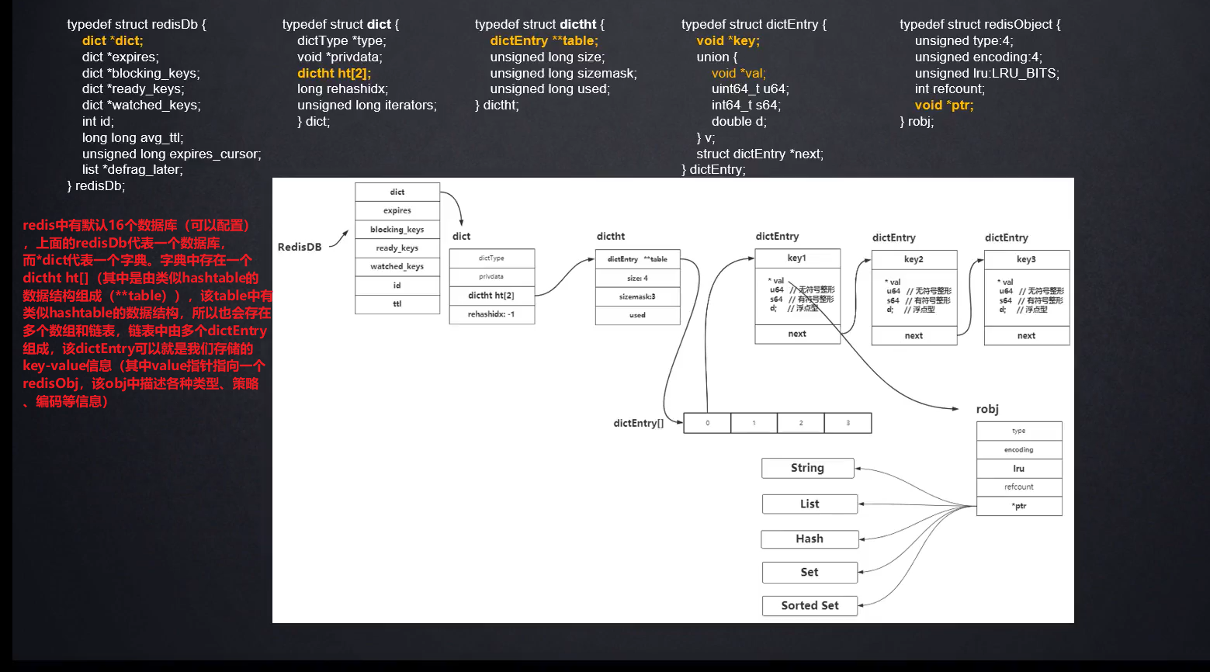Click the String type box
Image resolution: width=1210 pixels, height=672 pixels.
(x=807, y=468)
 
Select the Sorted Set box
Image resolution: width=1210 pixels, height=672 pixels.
(x=810, y=605)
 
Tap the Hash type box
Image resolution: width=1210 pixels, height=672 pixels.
(x=810, y=539)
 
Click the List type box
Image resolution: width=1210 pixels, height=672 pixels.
(x=810, y=504)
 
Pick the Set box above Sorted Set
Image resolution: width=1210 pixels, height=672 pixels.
(x=810, y=572)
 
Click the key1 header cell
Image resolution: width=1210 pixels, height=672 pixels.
(x=797, y=258)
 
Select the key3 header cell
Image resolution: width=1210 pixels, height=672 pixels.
(x=1026, y=259)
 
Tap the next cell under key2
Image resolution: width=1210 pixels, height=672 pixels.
(x=914, y=335)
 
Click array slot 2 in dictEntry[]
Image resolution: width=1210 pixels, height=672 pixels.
(x=800, y=423)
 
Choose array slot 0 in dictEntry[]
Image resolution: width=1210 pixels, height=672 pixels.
(x=707, y=423)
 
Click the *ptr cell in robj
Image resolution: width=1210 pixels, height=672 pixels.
(x=1018, y=506)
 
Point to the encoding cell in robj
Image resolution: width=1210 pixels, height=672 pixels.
(x=1018, y=450)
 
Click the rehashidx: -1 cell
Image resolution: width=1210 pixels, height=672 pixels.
(x=491, y=314)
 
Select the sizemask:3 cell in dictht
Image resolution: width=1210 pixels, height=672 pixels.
(x=637, y=296)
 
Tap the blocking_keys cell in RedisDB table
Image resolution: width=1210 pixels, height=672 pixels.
(x=397, y=230)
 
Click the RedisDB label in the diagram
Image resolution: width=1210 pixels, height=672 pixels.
(x=300, y=247)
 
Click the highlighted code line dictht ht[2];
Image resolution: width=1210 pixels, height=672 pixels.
(x=334, y=73)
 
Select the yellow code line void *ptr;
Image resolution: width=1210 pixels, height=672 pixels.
(x=944, y=106)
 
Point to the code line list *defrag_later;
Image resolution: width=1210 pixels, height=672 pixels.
(x=133, y=170)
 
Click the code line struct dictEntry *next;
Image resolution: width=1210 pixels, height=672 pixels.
(x=759, y=154)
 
